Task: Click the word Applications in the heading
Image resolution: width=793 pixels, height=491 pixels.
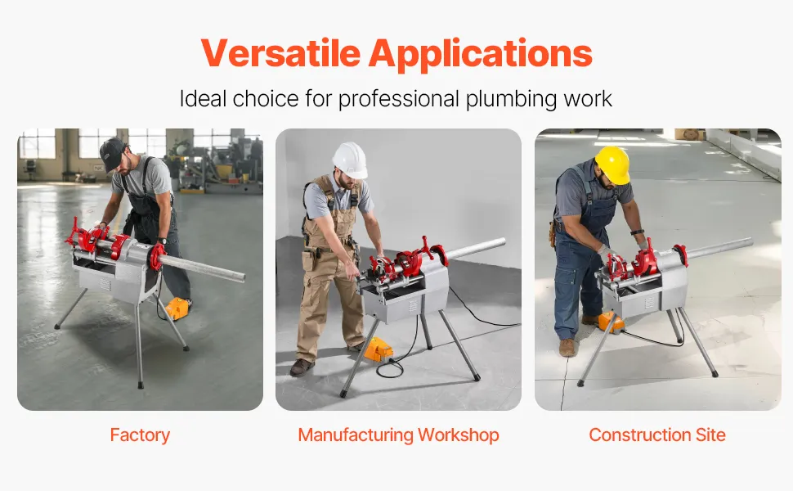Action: coord(480,54)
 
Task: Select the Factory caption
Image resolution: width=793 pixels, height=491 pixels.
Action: coord(140,435)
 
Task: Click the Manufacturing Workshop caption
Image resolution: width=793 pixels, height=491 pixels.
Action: coord(398,435)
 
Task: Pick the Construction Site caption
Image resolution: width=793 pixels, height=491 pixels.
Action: coord(657,435)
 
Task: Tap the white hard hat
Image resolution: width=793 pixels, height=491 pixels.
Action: coord(350,159)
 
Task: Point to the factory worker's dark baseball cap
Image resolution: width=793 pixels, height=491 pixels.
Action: coord(112,152)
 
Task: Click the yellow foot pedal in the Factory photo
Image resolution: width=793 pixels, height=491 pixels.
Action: coord(178,308)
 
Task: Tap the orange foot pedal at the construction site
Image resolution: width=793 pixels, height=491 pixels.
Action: coord(609,322)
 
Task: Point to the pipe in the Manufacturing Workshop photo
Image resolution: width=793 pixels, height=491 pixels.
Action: coord(474,249)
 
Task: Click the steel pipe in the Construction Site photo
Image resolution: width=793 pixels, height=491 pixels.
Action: coord(719,247)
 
